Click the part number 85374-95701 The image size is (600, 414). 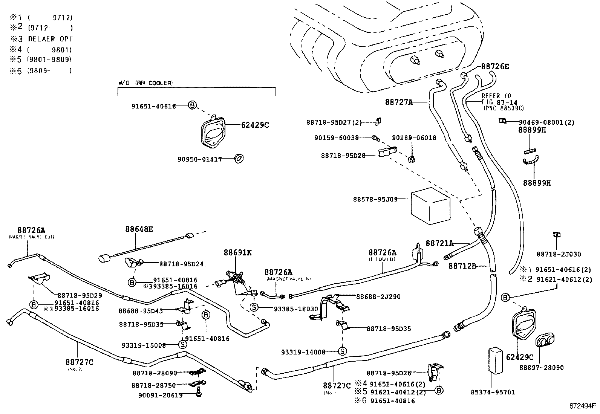click(493, 392)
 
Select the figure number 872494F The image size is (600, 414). click(582, 407)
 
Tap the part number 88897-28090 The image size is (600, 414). click(541, 368)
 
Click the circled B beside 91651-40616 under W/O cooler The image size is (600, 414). click(192, 106)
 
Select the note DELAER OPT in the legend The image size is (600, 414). click(51, 39)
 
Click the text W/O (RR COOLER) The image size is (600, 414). click(145, 83)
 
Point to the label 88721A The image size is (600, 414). click(439, 243)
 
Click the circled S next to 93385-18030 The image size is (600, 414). click(254, 307)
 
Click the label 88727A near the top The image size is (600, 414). click(399, 102)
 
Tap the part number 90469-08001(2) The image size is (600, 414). click(546, 122)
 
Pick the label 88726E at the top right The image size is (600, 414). click(495, 67)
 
